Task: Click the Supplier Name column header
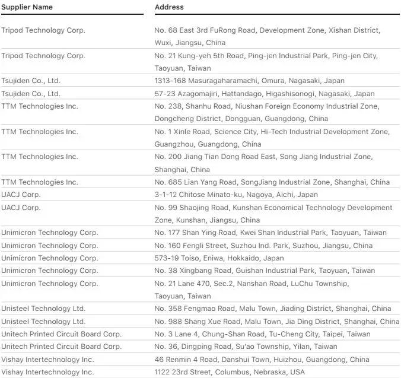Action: [27, 7]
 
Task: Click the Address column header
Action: [169, 7]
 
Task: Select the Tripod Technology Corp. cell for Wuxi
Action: [43, 30]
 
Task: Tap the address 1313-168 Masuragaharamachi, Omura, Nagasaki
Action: [249, 81]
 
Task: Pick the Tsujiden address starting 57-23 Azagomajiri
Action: [265, 94]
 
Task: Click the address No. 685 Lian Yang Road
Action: [272, 182]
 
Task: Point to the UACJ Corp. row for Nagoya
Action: [21, 195]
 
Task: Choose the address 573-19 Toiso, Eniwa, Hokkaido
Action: [219, 258]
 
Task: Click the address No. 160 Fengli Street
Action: [263, 246]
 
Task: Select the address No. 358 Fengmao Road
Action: [272, 309]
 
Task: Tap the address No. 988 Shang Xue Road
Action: [276, 322]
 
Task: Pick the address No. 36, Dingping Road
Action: [246, 347]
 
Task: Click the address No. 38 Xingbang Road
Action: [265, 271]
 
